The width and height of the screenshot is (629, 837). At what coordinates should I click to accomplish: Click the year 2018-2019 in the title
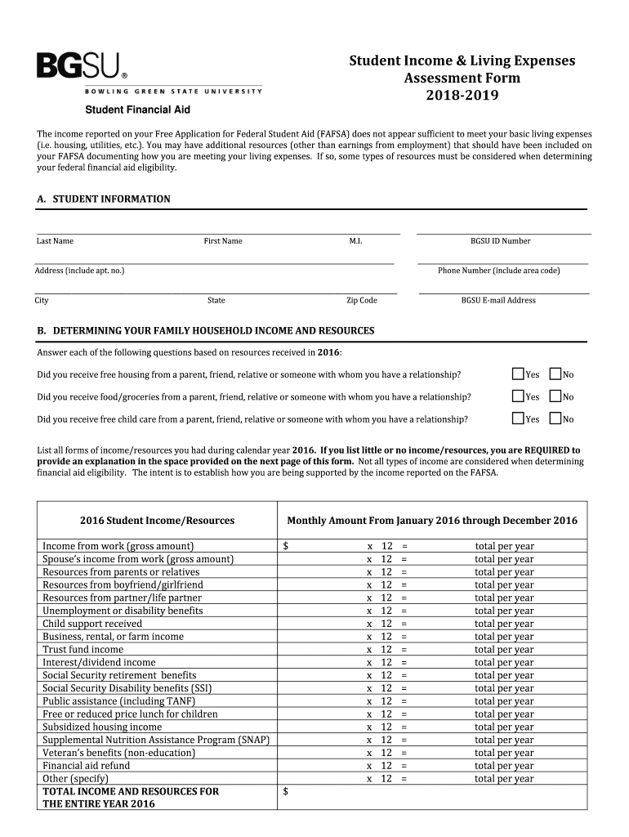[462, 96]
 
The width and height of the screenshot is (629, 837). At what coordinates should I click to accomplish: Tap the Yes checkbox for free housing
[517, 374]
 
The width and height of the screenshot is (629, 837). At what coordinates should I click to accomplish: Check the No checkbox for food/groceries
[555, 396]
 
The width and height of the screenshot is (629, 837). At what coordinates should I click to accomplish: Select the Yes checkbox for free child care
[517, 418]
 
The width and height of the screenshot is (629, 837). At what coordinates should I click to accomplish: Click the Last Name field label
[55, 241]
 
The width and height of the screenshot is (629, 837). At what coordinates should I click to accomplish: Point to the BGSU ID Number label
[500, 241]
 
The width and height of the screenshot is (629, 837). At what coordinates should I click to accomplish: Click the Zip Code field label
[361, 301]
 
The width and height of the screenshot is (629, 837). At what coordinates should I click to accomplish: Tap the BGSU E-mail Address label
[498, 301]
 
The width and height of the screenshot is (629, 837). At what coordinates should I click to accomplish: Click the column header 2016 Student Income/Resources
[157, 521]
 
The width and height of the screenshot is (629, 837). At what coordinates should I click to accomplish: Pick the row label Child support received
[92, 624]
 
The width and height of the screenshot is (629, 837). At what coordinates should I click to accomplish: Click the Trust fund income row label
[83, 649]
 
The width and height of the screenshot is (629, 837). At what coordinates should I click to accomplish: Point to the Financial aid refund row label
[87, 766]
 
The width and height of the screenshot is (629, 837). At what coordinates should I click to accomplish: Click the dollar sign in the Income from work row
[285, 546]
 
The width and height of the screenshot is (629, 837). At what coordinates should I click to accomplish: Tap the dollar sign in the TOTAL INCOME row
[285, 791]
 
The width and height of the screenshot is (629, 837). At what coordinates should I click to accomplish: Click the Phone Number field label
[498, 271]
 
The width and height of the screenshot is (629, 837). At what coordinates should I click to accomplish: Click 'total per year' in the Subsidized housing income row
[504, 727]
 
